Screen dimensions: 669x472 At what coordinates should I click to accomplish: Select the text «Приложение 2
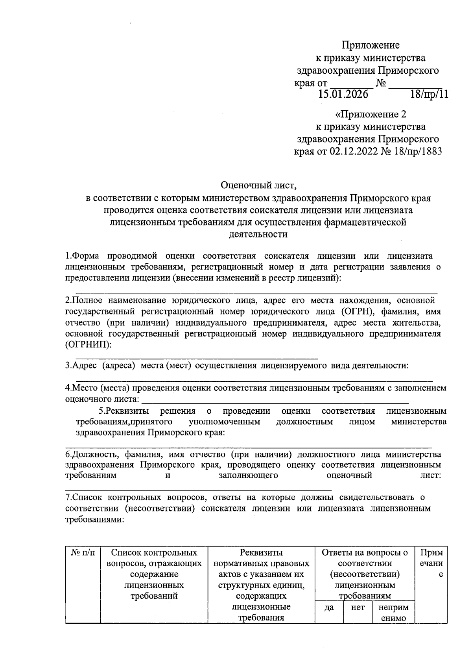coord(370,114)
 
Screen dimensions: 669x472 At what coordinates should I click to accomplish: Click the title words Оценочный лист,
coord(258,184)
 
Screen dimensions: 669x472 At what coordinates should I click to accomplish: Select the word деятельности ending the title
coord(258,234)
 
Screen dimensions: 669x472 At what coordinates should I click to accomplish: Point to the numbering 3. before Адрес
coord(68,366)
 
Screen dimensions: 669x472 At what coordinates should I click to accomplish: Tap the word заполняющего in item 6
coord(248,476)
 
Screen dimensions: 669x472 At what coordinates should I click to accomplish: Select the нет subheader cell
coord(358,608)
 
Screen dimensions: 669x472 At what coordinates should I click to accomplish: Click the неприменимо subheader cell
coord(393,613)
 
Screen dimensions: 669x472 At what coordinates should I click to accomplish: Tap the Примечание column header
coord(431,564)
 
